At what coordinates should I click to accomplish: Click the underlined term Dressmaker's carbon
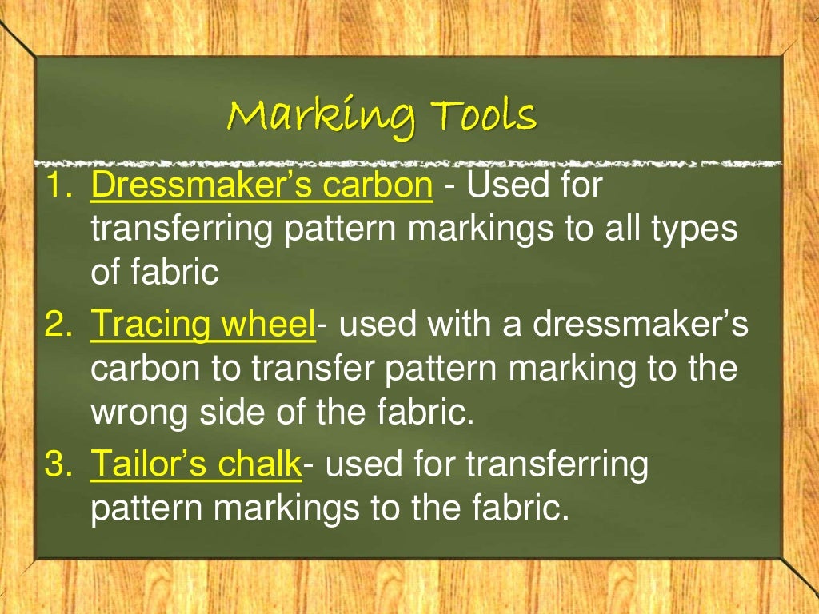click(x=262, y=186)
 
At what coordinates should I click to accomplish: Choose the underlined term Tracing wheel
click(x=203, y=325)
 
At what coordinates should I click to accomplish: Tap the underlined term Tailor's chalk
click(x=196, y=463)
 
